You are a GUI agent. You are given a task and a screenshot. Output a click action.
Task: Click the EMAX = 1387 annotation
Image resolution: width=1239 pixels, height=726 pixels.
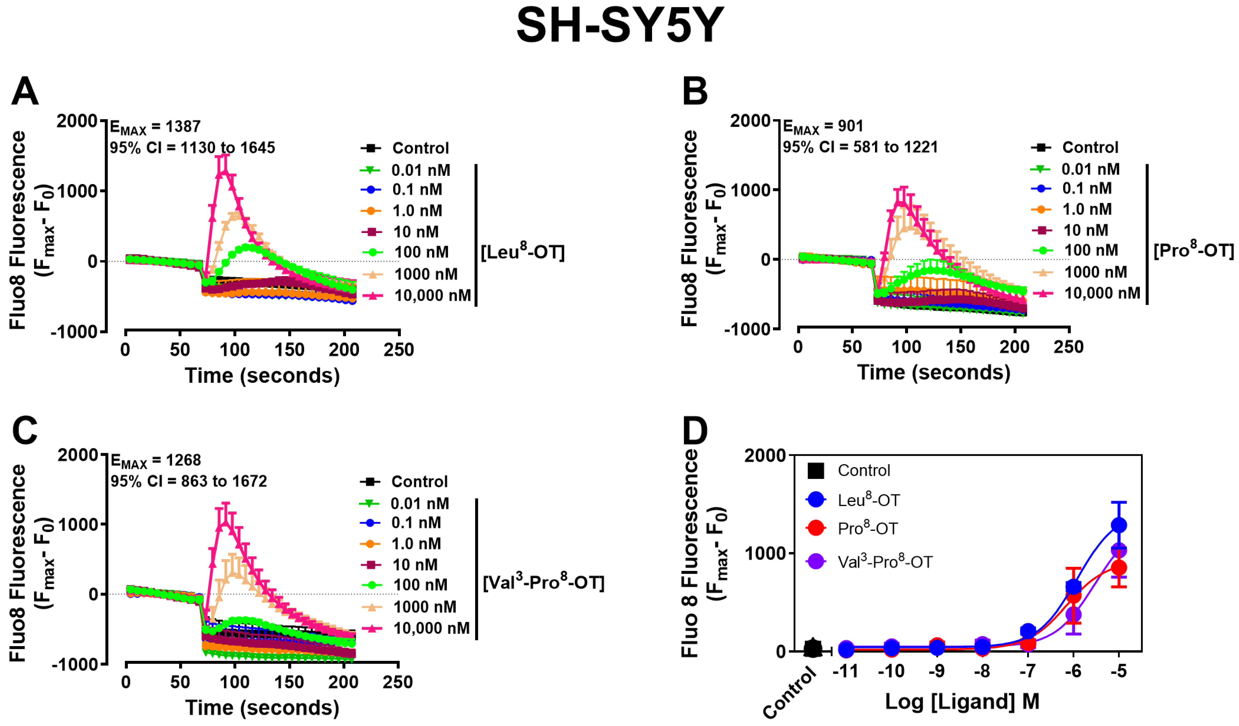pos(155,127)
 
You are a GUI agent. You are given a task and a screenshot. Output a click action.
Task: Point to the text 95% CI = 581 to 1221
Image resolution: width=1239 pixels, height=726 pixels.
pos(860,147)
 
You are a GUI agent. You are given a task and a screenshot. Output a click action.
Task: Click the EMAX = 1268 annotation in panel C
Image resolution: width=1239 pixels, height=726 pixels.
pos(155,461)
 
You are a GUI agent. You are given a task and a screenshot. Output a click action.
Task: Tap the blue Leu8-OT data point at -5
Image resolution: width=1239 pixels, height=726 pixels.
pos(1119,525)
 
